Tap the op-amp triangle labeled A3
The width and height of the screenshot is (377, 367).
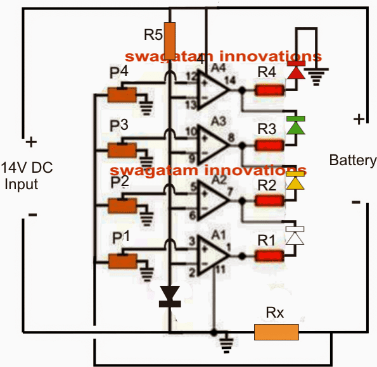(x=212, y=145)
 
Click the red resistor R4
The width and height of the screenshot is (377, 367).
(x=269, y=90)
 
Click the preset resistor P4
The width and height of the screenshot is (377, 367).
(x=122, y=94)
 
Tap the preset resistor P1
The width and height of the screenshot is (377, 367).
(x=122, y=259)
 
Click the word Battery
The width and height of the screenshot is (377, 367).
(x=352, y=161)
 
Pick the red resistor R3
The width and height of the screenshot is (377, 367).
(x=269, y=146)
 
